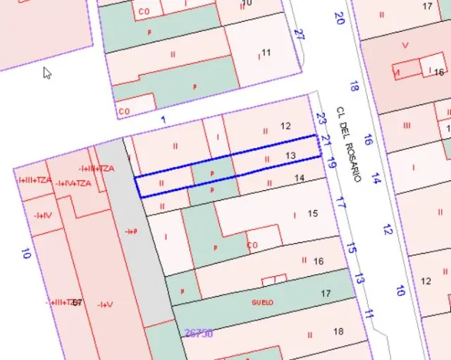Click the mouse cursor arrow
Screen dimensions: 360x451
coord(47,73)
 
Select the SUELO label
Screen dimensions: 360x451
coord(262,302)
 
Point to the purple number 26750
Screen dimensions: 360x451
coord(198,334)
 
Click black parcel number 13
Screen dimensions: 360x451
coord(290,155)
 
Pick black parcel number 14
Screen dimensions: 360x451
coord(299,178)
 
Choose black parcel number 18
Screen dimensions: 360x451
coord(338,331)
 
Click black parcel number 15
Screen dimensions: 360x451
coord(313,213)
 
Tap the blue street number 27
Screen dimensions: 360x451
coord(299,35)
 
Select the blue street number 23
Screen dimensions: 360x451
coord(321,119)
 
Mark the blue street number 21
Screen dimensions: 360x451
coord(326,139)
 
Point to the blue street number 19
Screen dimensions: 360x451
coord(332,165)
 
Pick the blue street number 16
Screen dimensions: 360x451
coord(368,139)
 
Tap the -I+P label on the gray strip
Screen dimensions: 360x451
coord(130,232)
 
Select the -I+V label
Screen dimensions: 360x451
coord(105,304)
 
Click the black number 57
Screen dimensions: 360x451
coord(77,302)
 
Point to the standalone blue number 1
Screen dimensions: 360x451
coord(163,120)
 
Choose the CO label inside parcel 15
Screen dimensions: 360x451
coord(253,245)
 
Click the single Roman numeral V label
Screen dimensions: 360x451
coord(404,44)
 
